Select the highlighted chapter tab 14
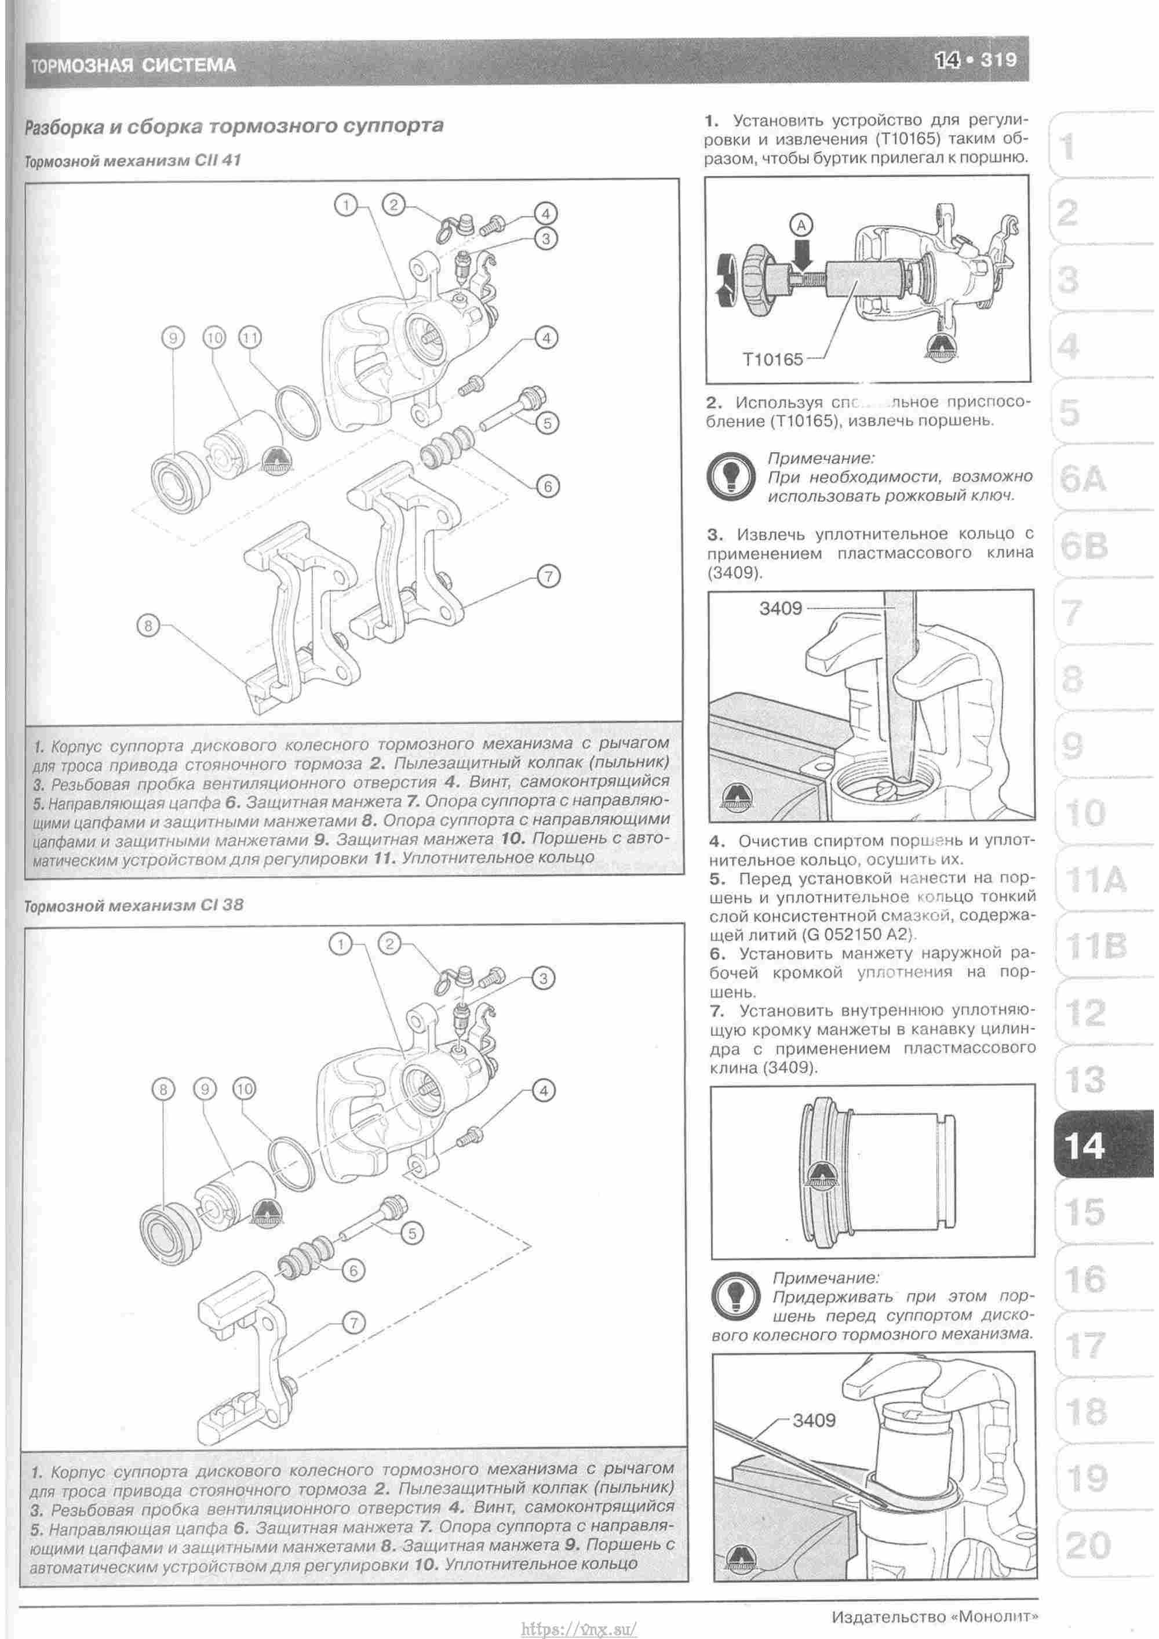[1085, 1146]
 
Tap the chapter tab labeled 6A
[1083, 479]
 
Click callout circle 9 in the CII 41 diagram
[173, 337]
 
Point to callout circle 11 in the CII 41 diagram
[250, 337]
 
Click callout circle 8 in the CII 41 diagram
[148, 627]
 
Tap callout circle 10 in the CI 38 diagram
[244, 1089]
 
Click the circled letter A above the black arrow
[801, 226]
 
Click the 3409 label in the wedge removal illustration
[780, 608]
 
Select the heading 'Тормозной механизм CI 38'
[133, 905]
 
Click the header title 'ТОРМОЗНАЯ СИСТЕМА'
[133, 66]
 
